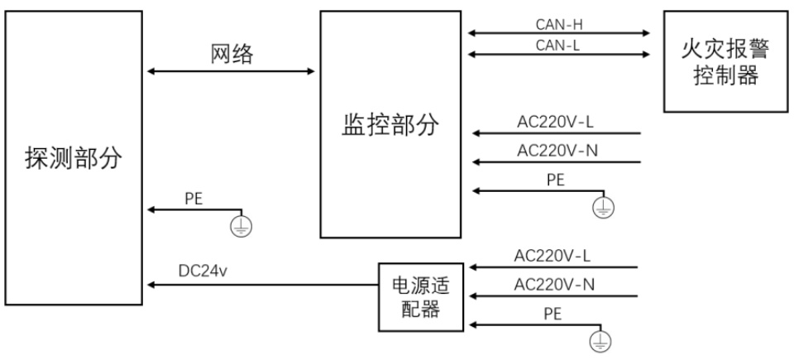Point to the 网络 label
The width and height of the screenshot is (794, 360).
coord(231,55)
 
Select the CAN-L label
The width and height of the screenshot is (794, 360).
coord(560,44)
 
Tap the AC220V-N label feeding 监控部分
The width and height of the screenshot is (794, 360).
coord(556,151)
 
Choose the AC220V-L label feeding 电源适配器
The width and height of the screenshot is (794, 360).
coord(553,256)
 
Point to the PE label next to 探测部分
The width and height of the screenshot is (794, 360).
coord(195,199)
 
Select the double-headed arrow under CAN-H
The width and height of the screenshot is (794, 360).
coord(560,34)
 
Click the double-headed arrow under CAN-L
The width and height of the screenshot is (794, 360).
coord(560,55)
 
